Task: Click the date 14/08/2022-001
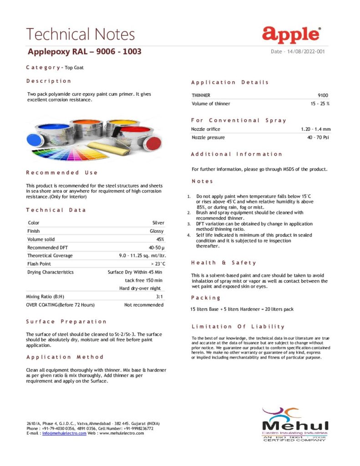[x=298, y=51]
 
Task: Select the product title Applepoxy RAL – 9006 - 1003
[x=85, y=51]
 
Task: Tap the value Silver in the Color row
[x=158, y=223]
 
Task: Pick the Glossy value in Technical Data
[x=157, y=231]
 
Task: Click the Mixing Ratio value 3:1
[x=160, y=297]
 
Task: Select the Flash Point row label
[x=39, y=264]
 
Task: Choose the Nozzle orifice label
[x=206, y=129]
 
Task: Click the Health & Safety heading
[x=223, y=263]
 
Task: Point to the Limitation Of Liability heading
[x=238, y=326]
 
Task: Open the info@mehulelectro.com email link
[x=64, y=433]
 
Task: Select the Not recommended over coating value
[x=144, y=305]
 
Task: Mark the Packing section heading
[x=206, y=298]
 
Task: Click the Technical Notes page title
[x=81, y=34]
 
